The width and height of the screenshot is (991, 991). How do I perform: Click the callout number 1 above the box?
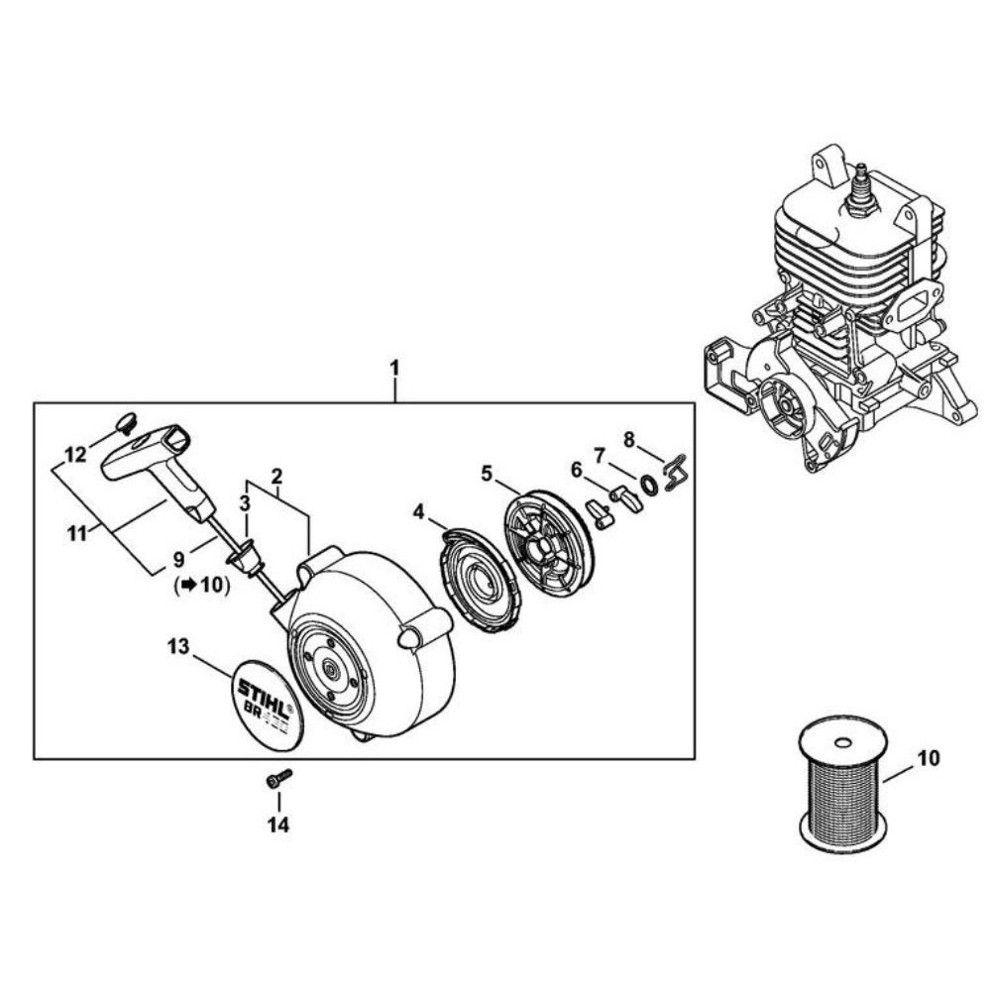pos(394,368)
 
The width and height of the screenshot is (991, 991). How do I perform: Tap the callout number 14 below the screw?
pos(278,824)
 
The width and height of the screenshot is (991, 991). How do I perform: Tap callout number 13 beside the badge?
pos(177,647)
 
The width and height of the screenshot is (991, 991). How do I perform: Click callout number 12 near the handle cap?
pos(75,455)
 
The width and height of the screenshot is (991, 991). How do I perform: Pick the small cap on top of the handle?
pos(125,423)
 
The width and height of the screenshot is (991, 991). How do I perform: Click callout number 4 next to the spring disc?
pos(419,512)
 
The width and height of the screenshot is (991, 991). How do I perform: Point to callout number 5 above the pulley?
pos(487,474)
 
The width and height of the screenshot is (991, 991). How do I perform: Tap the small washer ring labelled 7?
pos(648,485)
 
